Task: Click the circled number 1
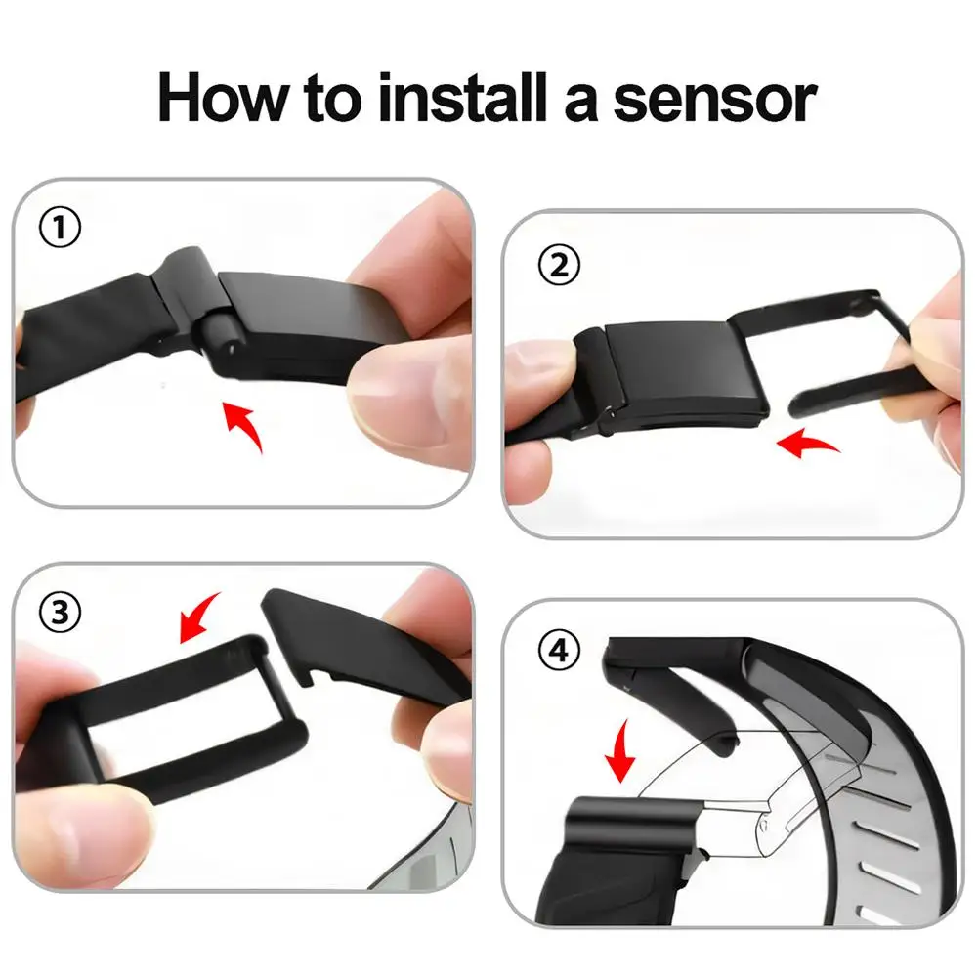(x=61, y=231)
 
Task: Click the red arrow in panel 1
(x=243, y=426)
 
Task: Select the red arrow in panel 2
(x=810, y=445)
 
